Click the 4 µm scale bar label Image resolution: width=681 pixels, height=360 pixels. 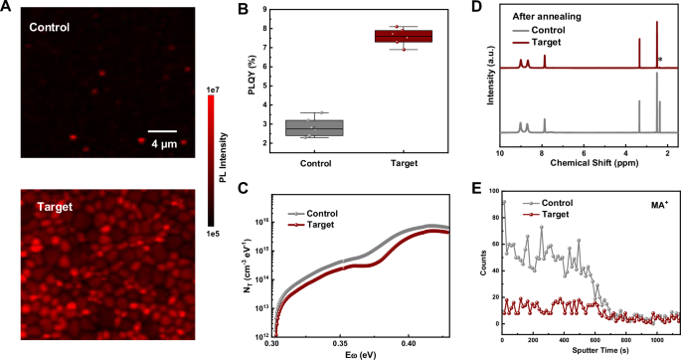pyautogui.click(x=163, y=142)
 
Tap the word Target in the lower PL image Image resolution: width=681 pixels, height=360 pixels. pyautogui.click(x=58, y=208)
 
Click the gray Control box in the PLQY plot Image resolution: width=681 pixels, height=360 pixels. pyautogui.click(x=314, y=127)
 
